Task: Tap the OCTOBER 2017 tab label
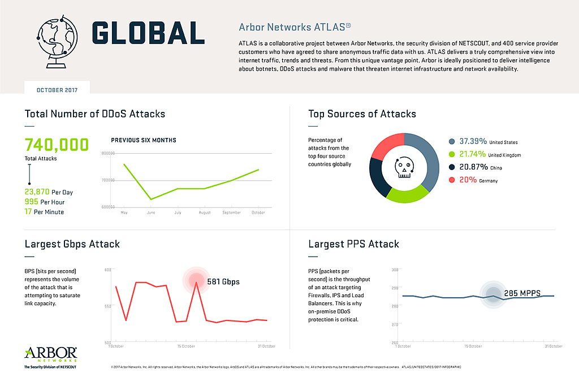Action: [57, 90]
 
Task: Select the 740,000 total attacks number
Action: [57, 145]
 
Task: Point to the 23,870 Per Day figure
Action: [49, 192]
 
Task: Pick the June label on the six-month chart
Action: [150, 212]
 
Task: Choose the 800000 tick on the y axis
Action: [108, 153]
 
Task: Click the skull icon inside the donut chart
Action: [404, 168]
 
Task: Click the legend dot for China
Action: [452, 167]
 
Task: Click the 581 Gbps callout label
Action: [223, 281]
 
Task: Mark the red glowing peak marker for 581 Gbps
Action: [196, 279]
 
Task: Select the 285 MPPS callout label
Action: [522, 293]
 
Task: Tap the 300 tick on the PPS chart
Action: [394, 270]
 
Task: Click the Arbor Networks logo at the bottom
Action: [51, 357]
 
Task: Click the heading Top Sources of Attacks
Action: [362, 114]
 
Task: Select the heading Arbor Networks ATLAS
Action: [295, 27]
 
